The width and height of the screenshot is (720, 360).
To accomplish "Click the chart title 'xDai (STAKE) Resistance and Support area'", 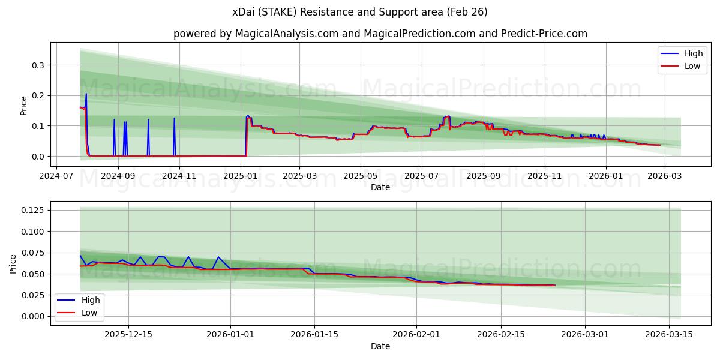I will click(359, 12).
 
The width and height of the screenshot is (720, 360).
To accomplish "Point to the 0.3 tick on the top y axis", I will click(38, 65).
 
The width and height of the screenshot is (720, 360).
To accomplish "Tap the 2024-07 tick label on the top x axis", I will click(56, 176).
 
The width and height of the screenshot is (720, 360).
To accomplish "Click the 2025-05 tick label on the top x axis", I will click(360, 176).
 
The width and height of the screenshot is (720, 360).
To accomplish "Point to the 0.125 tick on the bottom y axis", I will click(33, 210).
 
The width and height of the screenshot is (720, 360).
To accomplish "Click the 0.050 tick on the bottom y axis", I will click(33, 274).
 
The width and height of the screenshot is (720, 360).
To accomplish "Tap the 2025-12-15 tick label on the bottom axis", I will click(128, 335).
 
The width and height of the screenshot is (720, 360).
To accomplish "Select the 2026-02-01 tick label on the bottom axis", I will click(416, 335).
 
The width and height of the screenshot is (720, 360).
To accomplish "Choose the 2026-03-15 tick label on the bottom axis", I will click(668, 335).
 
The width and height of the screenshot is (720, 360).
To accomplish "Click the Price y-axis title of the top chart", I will click(24, 105).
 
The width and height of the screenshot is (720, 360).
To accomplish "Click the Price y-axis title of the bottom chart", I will click(13, 263).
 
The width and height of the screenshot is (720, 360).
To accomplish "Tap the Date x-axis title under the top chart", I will click(380, 187).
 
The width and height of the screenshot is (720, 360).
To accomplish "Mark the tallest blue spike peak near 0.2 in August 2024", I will click(86, 94).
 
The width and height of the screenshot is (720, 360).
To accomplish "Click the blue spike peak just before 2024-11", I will click(174, 118).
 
